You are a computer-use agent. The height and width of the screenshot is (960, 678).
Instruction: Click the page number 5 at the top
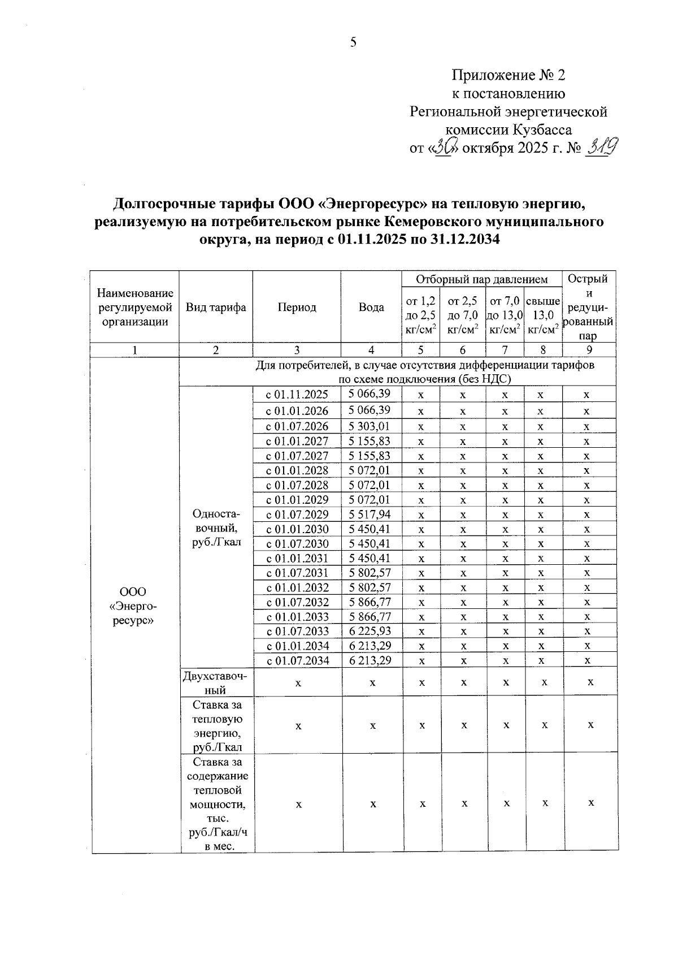pos(353,42)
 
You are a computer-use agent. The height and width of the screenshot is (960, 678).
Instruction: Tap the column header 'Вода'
pos(371,308)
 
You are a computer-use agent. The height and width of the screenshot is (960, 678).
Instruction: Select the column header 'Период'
pos(297,308)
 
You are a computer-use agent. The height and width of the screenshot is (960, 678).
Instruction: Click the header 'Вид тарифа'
pos(216,308)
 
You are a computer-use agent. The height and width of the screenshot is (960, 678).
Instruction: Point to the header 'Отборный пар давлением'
pos(481,279)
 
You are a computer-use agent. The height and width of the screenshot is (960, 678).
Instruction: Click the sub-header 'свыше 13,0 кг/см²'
pos(542,315)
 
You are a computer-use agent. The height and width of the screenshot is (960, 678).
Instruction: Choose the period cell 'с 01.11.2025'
pos(297,395)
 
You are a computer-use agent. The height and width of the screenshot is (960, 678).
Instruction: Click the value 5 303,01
pos(370,426)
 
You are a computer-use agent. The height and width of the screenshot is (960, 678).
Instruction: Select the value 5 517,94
pos(370,514)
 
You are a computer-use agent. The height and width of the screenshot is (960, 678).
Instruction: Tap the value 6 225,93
pos(370,631)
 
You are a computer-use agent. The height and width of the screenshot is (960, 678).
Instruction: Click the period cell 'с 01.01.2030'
pos(297,529)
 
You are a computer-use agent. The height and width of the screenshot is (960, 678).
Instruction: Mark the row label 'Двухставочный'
pos(216,682)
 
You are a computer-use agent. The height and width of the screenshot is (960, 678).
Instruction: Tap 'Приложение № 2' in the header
pos(508,75)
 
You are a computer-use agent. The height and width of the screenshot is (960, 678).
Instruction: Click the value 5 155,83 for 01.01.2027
pos(370,440)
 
